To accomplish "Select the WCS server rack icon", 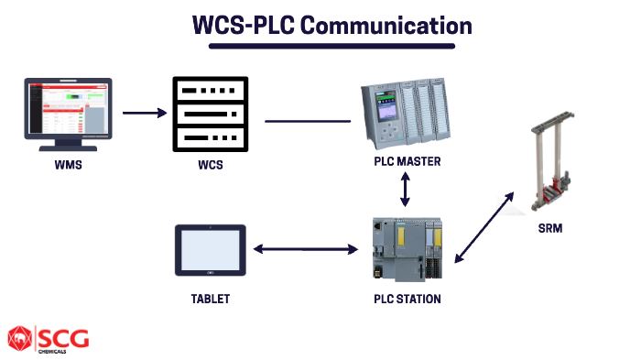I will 211,115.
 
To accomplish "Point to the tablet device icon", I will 210,250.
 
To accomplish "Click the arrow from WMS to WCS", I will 145,115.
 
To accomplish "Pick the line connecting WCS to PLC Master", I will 308,120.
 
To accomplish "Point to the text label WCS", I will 210,166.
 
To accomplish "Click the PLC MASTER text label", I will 407,162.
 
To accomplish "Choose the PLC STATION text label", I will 407,299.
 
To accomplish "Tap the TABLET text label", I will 210,299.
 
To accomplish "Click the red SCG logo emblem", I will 18,339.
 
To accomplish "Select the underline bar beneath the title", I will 320,45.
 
